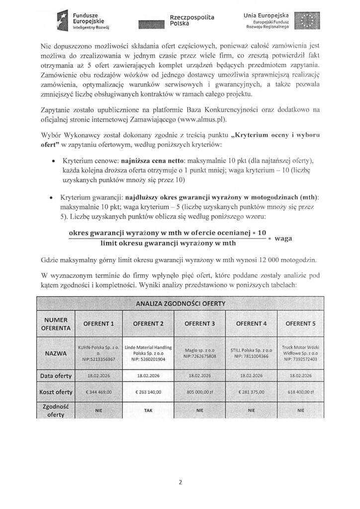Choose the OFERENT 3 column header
(199, 324)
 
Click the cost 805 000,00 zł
(199, 392)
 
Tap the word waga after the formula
(282, 239)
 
